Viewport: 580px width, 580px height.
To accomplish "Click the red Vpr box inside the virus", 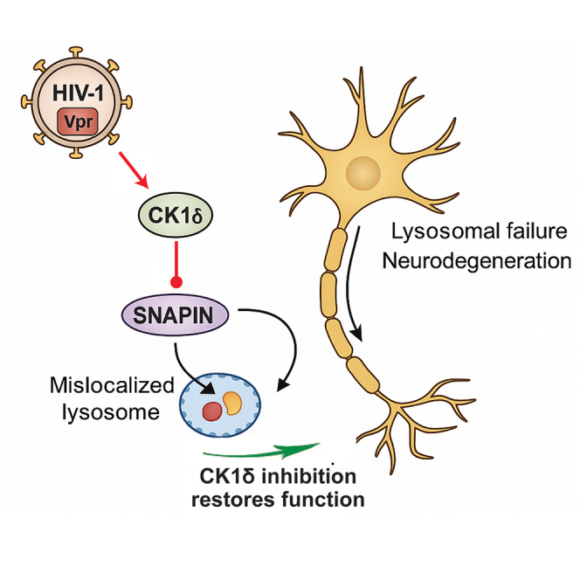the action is [78, 121].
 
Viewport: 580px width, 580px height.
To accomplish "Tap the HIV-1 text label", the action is [78, 93].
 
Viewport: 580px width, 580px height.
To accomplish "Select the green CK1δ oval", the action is [176, 214].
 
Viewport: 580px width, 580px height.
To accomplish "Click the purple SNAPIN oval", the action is [175, 315].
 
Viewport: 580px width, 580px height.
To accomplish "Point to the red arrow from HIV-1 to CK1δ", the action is [134, 170].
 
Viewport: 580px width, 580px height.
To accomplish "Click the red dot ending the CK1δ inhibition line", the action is [176, 283].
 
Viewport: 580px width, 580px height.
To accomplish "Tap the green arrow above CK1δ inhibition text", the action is [261, 450].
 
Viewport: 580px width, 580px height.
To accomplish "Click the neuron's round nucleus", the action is [363, 173].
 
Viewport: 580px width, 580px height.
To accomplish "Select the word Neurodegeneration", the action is [476, 261].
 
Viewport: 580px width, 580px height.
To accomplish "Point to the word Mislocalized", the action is [112, 385].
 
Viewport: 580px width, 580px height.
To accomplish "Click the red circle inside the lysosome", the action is [212, 411].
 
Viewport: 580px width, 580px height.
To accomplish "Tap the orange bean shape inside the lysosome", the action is [232, 404].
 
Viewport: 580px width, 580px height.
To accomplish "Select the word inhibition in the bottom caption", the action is [308, 476].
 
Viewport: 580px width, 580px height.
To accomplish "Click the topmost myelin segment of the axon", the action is [335, 251].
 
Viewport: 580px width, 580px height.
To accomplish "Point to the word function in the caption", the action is [323, 500].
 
